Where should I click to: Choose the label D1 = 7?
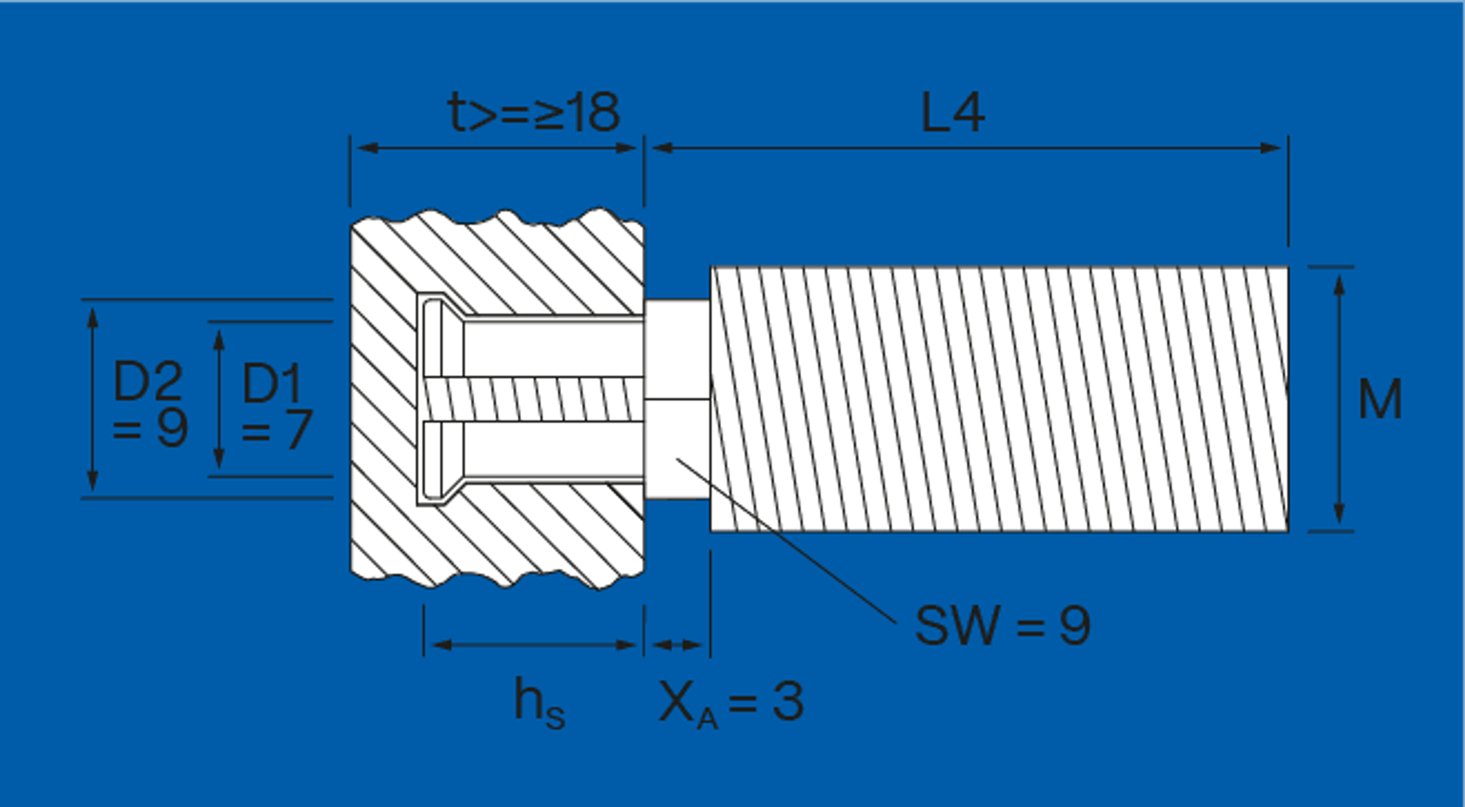[277, 406]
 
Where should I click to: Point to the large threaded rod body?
[999, 399]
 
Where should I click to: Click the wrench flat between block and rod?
[677, 399]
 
